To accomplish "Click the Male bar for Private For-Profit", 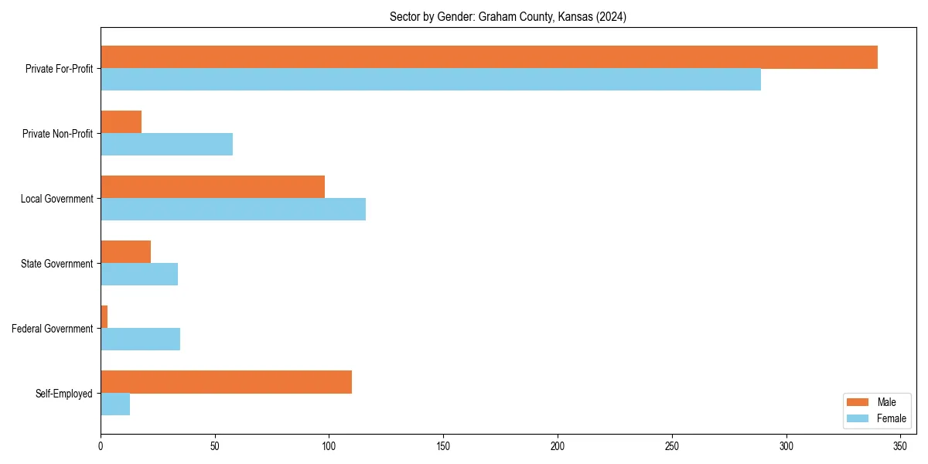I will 489,57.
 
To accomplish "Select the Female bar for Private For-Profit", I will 431,80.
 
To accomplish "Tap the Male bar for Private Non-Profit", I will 121,122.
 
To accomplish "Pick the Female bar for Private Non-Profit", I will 166,145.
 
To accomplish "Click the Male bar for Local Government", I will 213,187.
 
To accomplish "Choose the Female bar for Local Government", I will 233,210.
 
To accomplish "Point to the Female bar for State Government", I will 139,275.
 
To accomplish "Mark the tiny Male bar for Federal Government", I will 104,317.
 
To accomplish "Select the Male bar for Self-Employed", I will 226,382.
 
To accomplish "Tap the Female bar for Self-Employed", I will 115,404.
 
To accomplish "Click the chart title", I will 508,17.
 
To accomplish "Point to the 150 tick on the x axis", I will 443,446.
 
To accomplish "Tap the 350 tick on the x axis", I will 900,446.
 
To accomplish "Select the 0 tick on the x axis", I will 101,446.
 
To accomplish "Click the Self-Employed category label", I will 64,394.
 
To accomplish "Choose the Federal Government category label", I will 53,329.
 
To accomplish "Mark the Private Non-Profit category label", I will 59,134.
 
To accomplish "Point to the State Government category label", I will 57,264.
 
